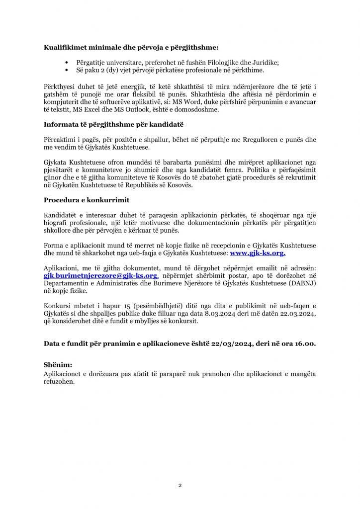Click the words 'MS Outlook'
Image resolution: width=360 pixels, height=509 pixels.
coord(107,109)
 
